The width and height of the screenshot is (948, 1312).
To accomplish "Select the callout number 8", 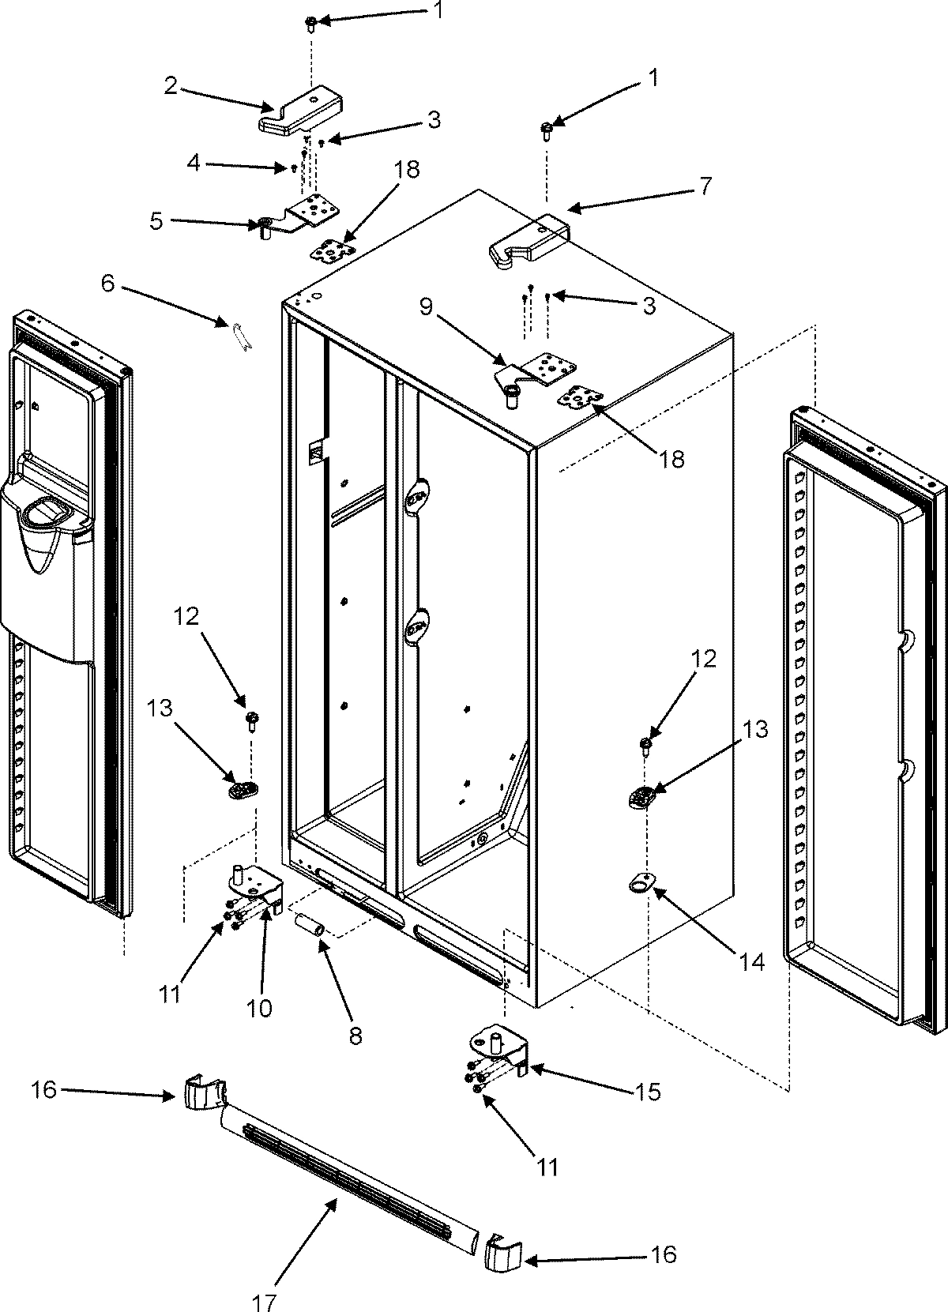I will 355,1035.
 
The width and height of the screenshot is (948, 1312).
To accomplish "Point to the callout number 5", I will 156,220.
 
